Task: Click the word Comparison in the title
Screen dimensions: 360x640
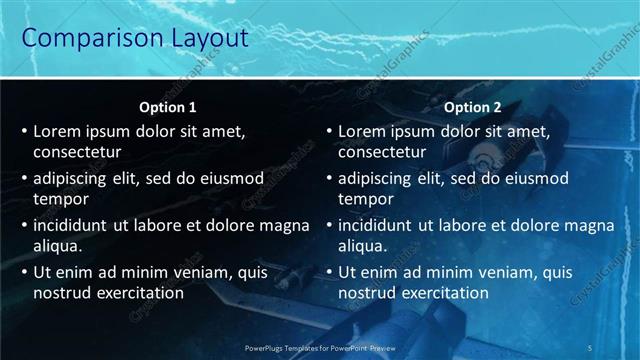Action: tap(87, 38)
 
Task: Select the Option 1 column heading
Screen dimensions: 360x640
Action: tap(166, 107)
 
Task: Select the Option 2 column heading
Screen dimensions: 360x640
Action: tap(473, 107)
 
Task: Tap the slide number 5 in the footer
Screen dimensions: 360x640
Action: tap(591, 347)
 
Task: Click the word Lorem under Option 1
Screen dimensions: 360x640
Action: tap(57, 131)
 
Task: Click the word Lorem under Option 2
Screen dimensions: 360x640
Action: tap(362, 131)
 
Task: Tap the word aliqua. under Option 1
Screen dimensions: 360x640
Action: tap(58, 245)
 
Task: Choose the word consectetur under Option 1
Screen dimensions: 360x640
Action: tap(77, 152)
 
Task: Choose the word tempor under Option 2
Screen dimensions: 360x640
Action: tap(366, 199)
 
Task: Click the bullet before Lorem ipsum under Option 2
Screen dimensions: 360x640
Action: tap(329, 132)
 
